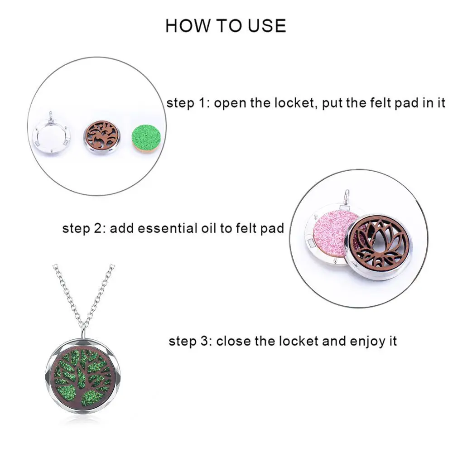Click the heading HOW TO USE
click(226, 26)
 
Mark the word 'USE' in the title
click(267, 26)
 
